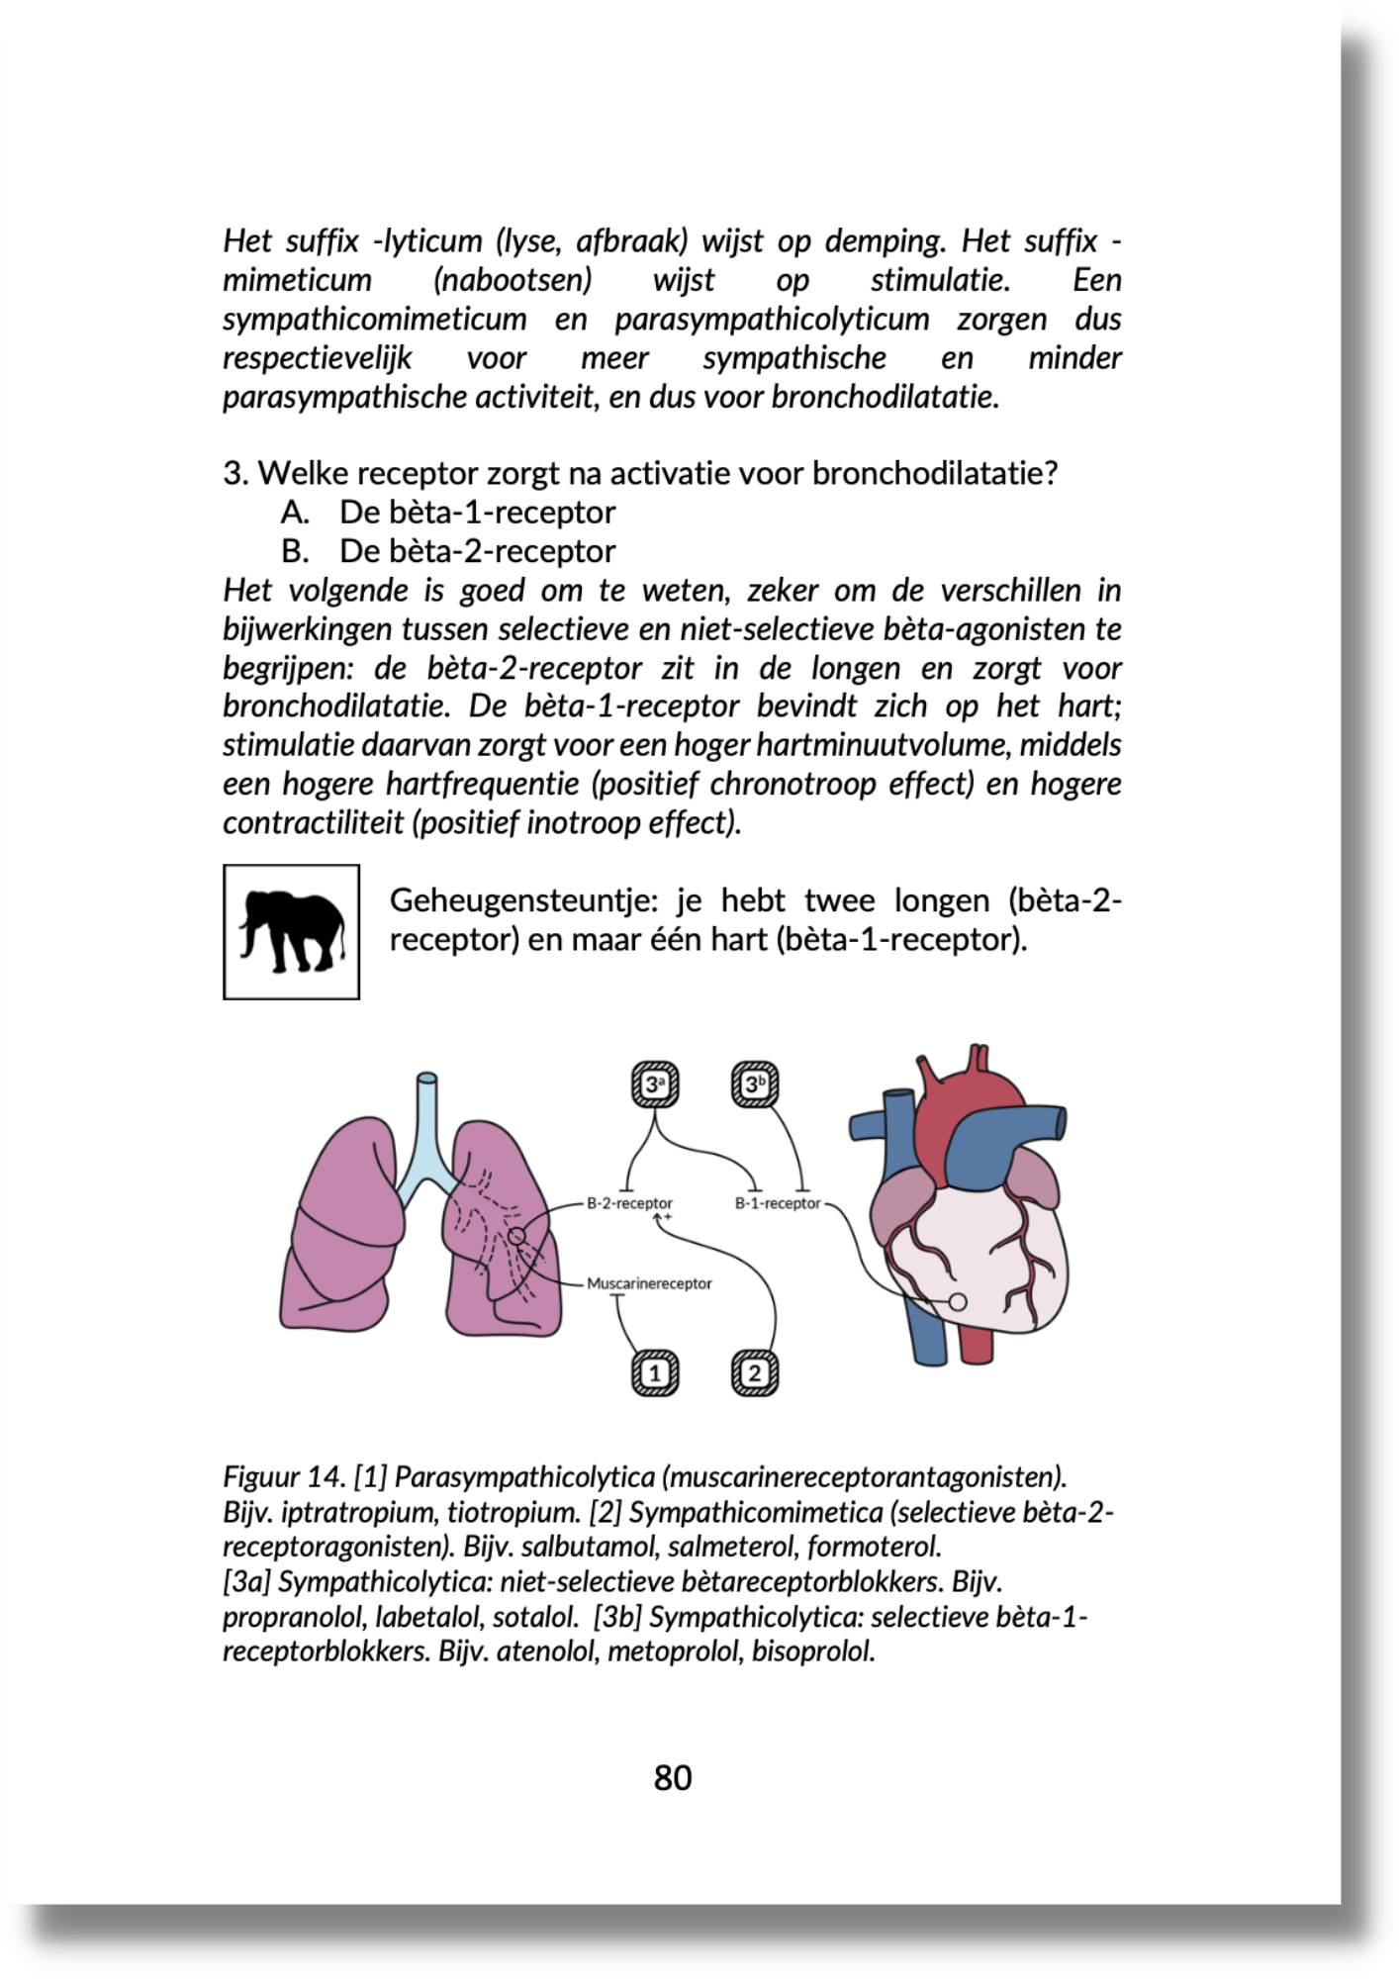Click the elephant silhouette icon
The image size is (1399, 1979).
pyautogui.click(x=292, y=931)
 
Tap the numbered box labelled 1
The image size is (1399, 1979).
pyautogui.click(x=655, y=1372)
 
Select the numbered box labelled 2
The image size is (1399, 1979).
pyautogui.click(x=755, y=1372)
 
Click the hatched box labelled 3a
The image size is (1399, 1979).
pyautogui.click(x=655, y=1084)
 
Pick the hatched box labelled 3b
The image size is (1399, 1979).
pyautogui.click(x=755, y=1084)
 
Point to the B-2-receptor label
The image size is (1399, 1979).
pyautogui.click(x=629, y=1204)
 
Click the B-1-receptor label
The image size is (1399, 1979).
pyautogui.click(x=778, y=1204)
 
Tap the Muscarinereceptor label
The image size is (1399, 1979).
pyautogui.click(x=649, y=1283)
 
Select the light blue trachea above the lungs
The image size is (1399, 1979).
pyautogui.click(x=427, y=1118)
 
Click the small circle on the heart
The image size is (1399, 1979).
pyautogui.click(x=957, y=1302)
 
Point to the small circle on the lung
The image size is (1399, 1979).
pyautogui.click(x=515, y=1235)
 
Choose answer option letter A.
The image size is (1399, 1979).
pyautogui.click(x=295, y=513)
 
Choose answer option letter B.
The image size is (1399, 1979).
pyautogui.click(x=295, y=551)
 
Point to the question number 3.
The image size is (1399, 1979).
pyautogui.click(x=233, y=474)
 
